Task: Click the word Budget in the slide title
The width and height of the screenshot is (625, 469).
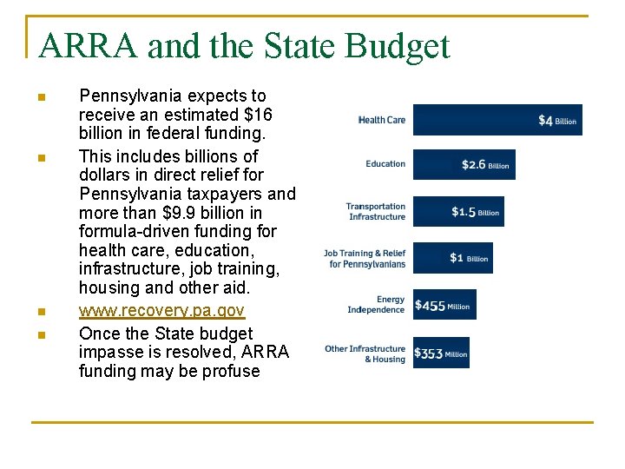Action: tap(403, 46)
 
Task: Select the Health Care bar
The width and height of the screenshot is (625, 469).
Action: tap(497, 120)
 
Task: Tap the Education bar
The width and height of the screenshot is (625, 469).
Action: tap(464, 164)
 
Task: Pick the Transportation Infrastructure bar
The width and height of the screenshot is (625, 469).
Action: tap(457, 211)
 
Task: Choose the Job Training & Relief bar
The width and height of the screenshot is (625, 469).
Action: tap(452, 258)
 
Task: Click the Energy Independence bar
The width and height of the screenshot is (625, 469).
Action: tap(444, 305)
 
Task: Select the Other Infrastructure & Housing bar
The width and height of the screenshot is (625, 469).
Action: tap(441, 353)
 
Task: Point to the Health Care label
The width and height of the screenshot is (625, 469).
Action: tap(382, 120)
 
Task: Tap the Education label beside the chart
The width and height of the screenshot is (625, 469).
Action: tap(385, 164)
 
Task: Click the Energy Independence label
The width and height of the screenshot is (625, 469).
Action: tap(377, 305)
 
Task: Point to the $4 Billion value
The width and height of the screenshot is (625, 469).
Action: tap(557, 121)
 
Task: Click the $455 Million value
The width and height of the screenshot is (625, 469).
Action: tap(443, 306)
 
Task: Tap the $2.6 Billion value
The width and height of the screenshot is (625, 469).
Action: tap(485, 164)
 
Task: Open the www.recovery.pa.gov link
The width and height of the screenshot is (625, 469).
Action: tap(161, 310)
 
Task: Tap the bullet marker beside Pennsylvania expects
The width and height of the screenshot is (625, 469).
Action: tap(41, 96)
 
